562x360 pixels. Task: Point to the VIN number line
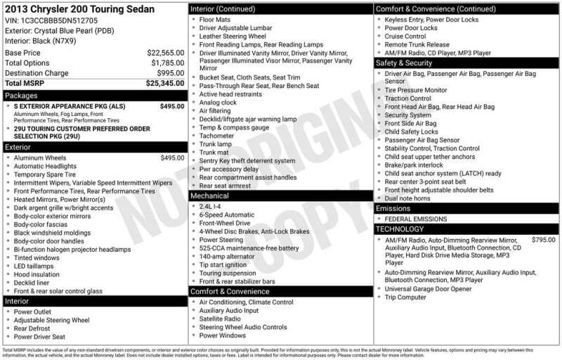click(x=51, y=21)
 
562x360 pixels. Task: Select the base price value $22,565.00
click(x=166, y=53)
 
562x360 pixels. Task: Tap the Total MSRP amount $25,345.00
click(x=165, y=83)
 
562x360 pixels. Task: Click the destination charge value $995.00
click(x=171, y=73)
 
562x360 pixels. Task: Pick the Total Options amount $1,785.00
click(x=168, y=63)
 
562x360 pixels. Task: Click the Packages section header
click(x=21, y=95)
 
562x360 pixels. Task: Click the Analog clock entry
click(x=218, y=102)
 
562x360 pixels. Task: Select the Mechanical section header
click(x=210, y=195)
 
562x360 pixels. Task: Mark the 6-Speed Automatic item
click(x=227, y=214)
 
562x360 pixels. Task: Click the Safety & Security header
click(x=404, y=63)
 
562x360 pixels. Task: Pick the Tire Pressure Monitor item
click(x=416, y=90)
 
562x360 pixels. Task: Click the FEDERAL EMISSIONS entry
click(x=416, y=219)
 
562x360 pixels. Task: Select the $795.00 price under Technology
click(x=543, y=240)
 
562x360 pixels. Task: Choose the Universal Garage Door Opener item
click(x=429, y=288)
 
